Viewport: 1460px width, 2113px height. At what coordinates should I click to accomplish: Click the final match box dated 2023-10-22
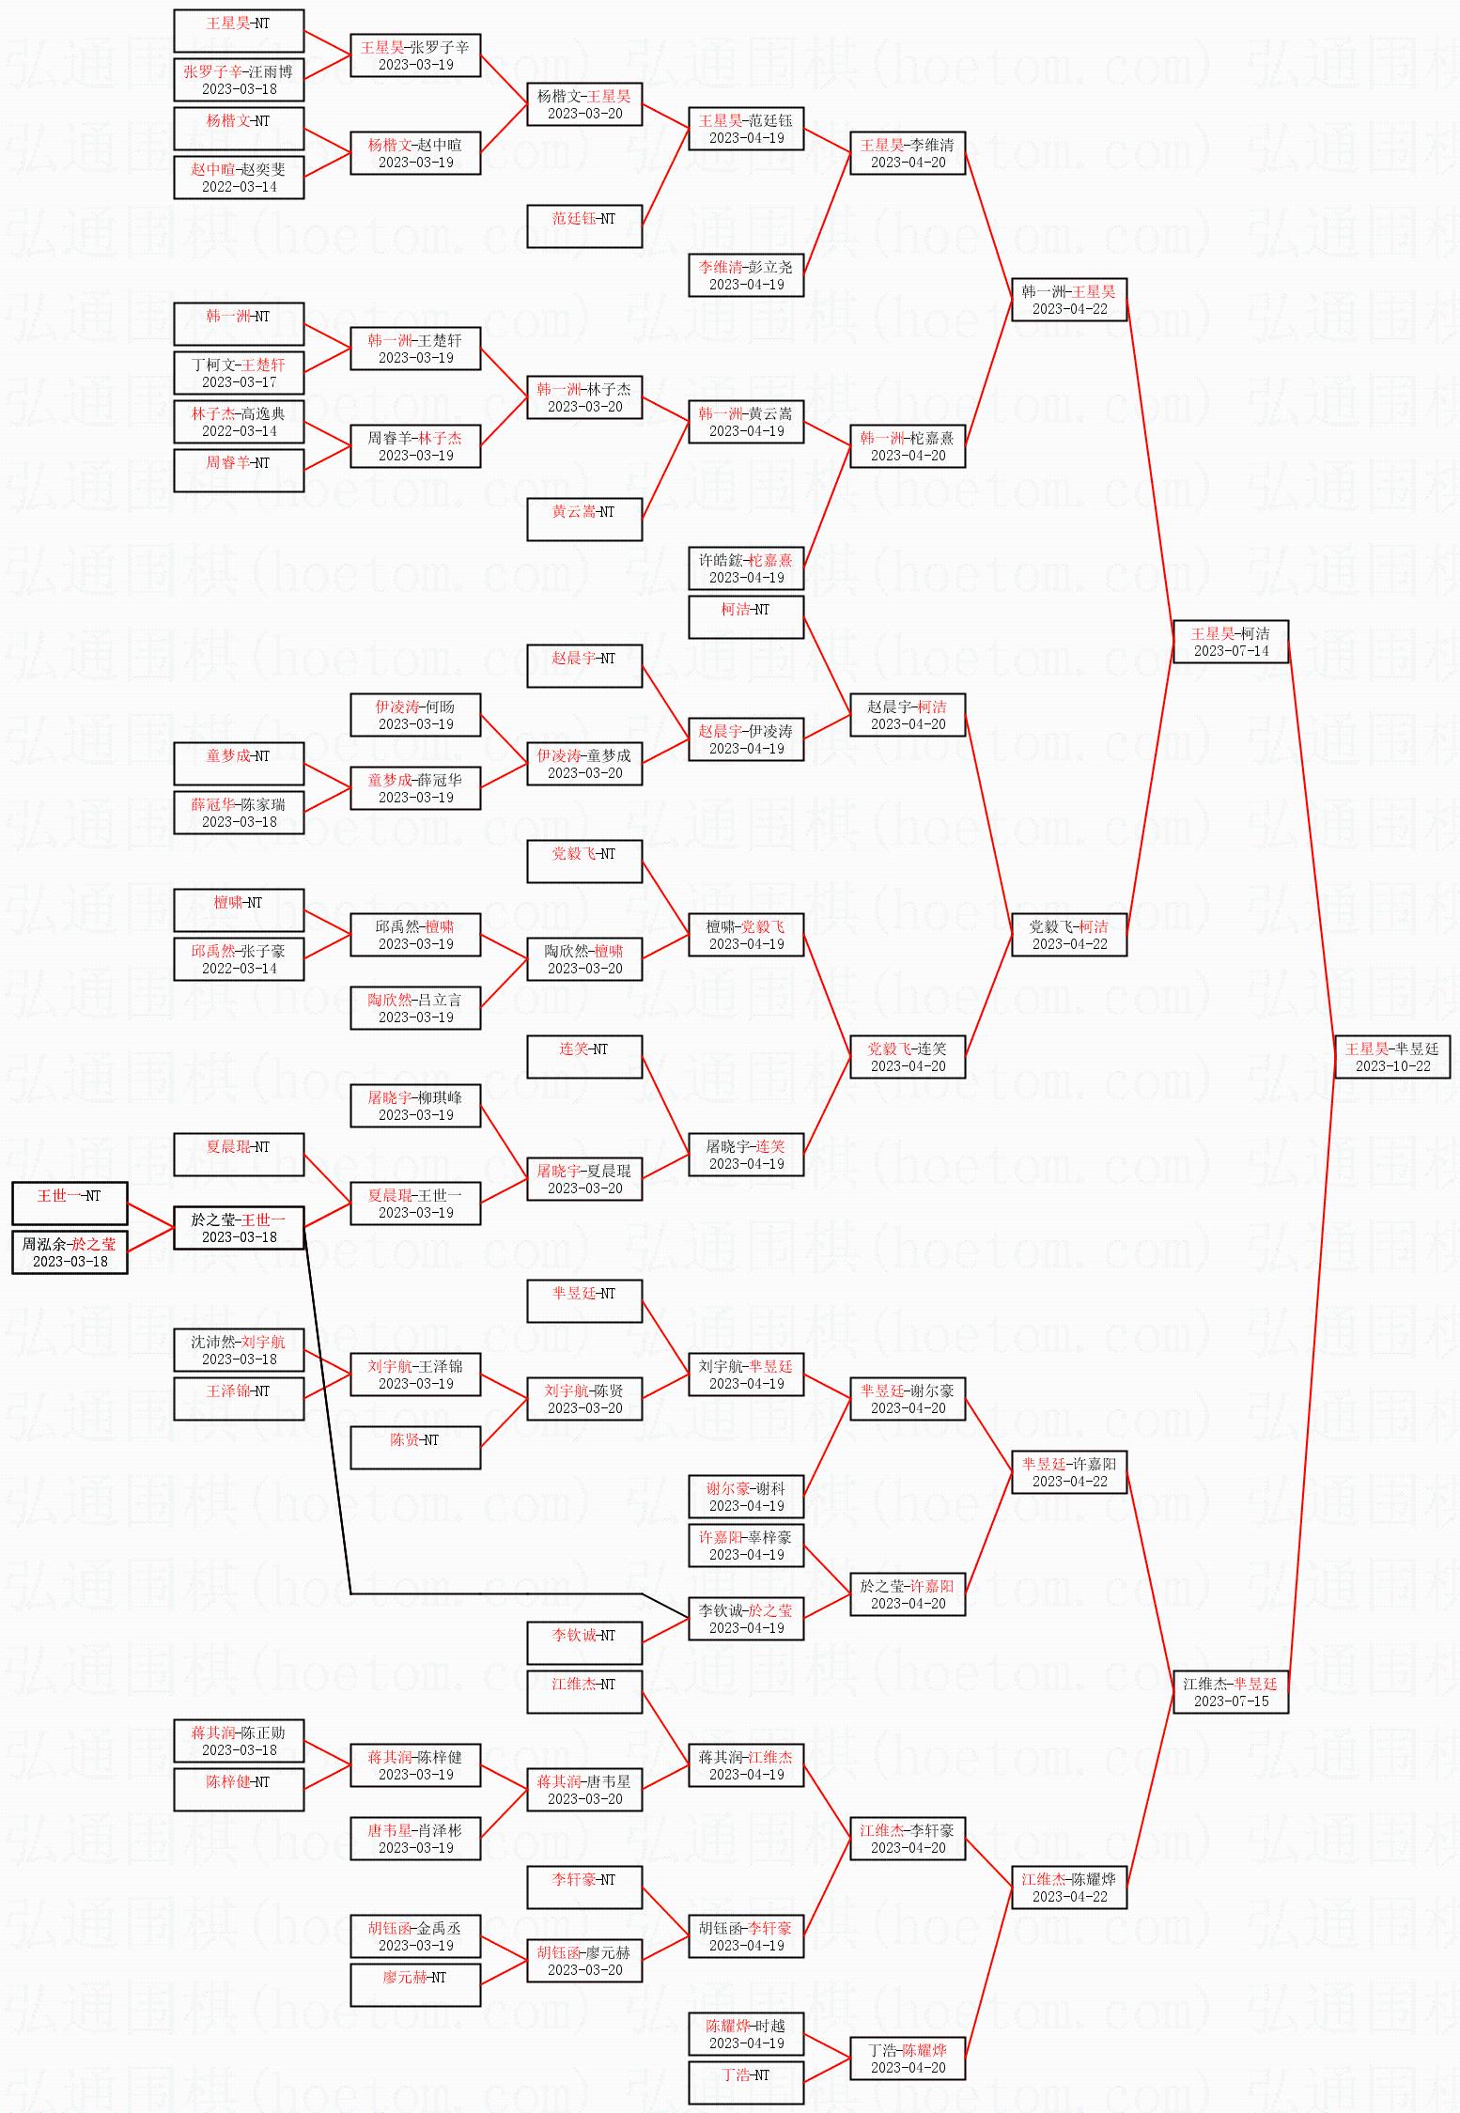point(1392,1056)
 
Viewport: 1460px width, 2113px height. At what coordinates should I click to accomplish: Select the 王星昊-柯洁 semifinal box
point(1231,641)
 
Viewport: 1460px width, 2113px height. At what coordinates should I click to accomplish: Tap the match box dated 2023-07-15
point(1231,1691)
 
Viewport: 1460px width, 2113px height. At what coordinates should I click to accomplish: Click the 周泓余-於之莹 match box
point(70,1251)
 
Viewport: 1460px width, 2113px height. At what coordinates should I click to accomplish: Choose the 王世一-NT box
point(70,1203)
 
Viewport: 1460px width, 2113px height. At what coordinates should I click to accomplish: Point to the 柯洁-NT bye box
point(746,616)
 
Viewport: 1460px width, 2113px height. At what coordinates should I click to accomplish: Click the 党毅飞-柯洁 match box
point(1069,934)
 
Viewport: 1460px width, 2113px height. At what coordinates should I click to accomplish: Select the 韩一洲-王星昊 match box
point(1069,299)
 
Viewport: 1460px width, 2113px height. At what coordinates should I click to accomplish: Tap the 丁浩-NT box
point(746,2082)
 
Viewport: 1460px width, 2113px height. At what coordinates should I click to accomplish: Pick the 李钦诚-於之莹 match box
point(746,1618)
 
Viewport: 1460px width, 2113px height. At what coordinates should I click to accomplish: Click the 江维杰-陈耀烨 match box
point(1069,1887)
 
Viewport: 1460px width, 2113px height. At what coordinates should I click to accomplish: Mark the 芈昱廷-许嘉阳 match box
point(1069,1471)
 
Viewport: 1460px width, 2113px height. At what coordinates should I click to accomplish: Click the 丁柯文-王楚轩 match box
point(239,372)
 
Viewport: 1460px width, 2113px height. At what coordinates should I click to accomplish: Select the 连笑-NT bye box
point(584,1056)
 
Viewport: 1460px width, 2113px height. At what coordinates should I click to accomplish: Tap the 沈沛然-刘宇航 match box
point(239,1349)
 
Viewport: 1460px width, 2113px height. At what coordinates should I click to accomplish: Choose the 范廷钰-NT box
point(584,225)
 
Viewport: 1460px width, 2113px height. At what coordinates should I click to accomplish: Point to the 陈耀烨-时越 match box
point(746,2033)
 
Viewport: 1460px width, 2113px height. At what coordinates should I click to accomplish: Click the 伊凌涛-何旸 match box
point(415,714)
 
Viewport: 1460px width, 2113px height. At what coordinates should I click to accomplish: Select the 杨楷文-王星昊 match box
point(584,103)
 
